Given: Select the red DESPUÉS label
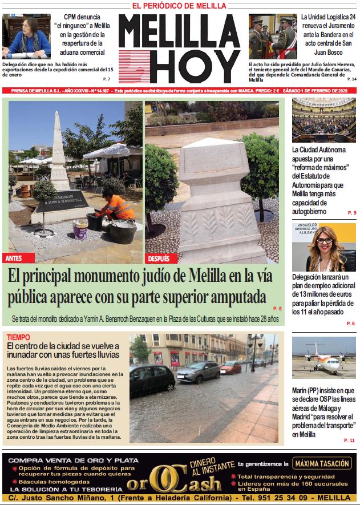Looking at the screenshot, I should pyautogui.click(x=159, y=258).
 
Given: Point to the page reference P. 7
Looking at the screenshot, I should pyautogui.click(x=107, y=78).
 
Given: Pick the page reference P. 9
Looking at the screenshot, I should pyautogui.click(x=351, y=213).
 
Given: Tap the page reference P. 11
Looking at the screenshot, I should pyautogui.click(x=349, y=441).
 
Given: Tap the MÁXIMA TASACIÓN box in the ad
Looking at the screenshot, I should pyautogui.click(x=321, y=463).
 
